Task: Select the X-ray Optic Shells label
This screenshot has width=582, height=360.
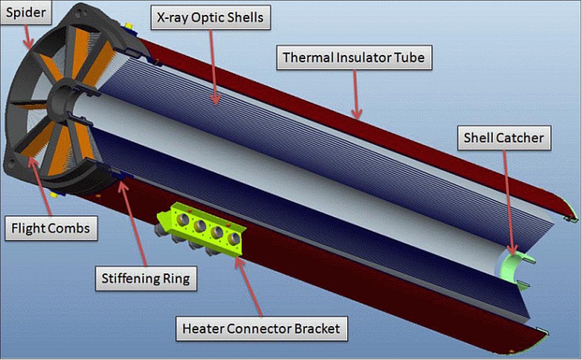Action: coord(211,18)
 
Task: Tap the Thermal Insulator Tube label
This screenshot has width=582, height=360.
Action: coord(354,57)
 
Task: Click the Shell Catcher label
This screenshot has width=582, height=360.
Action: coord(503,138)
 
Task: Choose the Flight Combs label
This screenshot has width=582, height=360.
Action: coord(51,229)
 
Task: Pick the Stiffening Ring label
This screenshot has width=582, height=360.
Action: coord(146,278)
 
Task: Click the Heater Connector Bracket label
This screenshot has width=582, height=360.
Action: coord(261,329)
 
